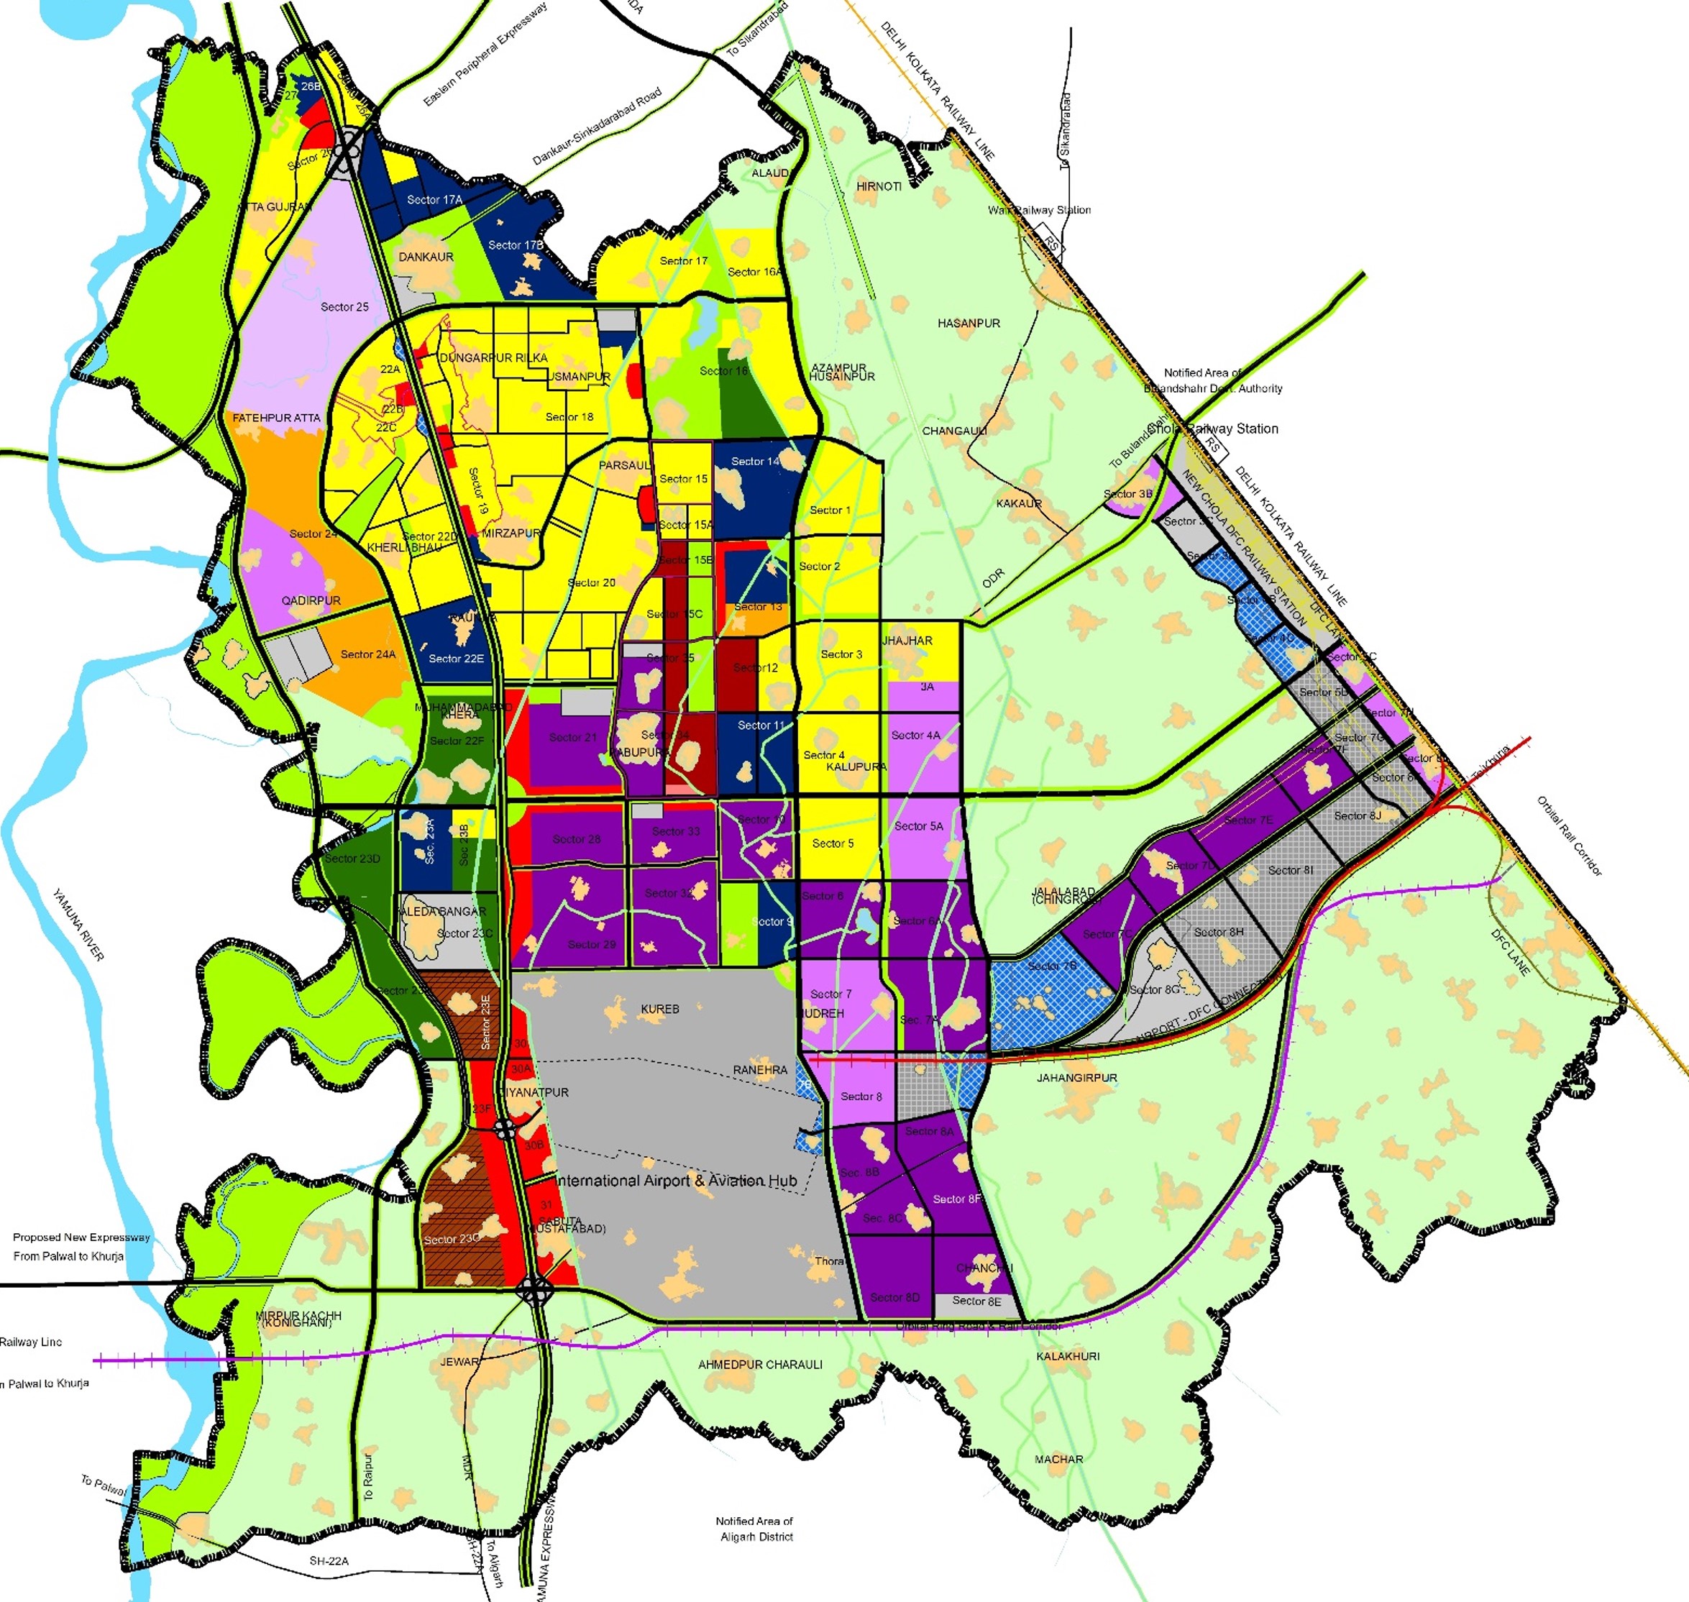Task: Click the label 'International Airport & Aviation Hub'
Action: coord(677,1180)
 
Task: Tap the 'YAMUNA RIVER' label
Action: coord(78,925)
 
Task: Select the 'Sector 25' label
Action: coord(344,306)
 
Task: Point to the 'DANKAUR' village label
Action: coord(426,257)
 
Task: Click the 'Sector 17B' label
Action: coord(516,245)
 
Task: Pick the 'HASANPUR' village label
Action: coord(969,324)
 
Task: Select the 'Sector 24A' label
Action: coord(368,654)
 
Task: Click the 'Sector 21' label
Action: coord(573,737)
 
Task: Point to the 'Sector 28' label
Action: coord(577,838)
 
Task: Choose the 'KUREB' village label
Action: coord(660,1009)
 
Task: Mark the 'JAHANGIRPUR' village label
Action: coord(1077,1078)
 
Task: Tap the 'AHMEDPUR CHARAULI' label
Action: coord(760,1365)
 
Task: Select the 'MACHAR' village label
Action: coord(1059,1460)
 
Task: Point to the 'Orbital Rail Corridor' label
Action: coord(1570,836)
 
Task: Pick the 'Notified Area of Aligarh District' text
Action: coord(754,1529)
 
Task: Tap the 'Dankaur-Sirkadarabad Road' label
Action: coord(596,127)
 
